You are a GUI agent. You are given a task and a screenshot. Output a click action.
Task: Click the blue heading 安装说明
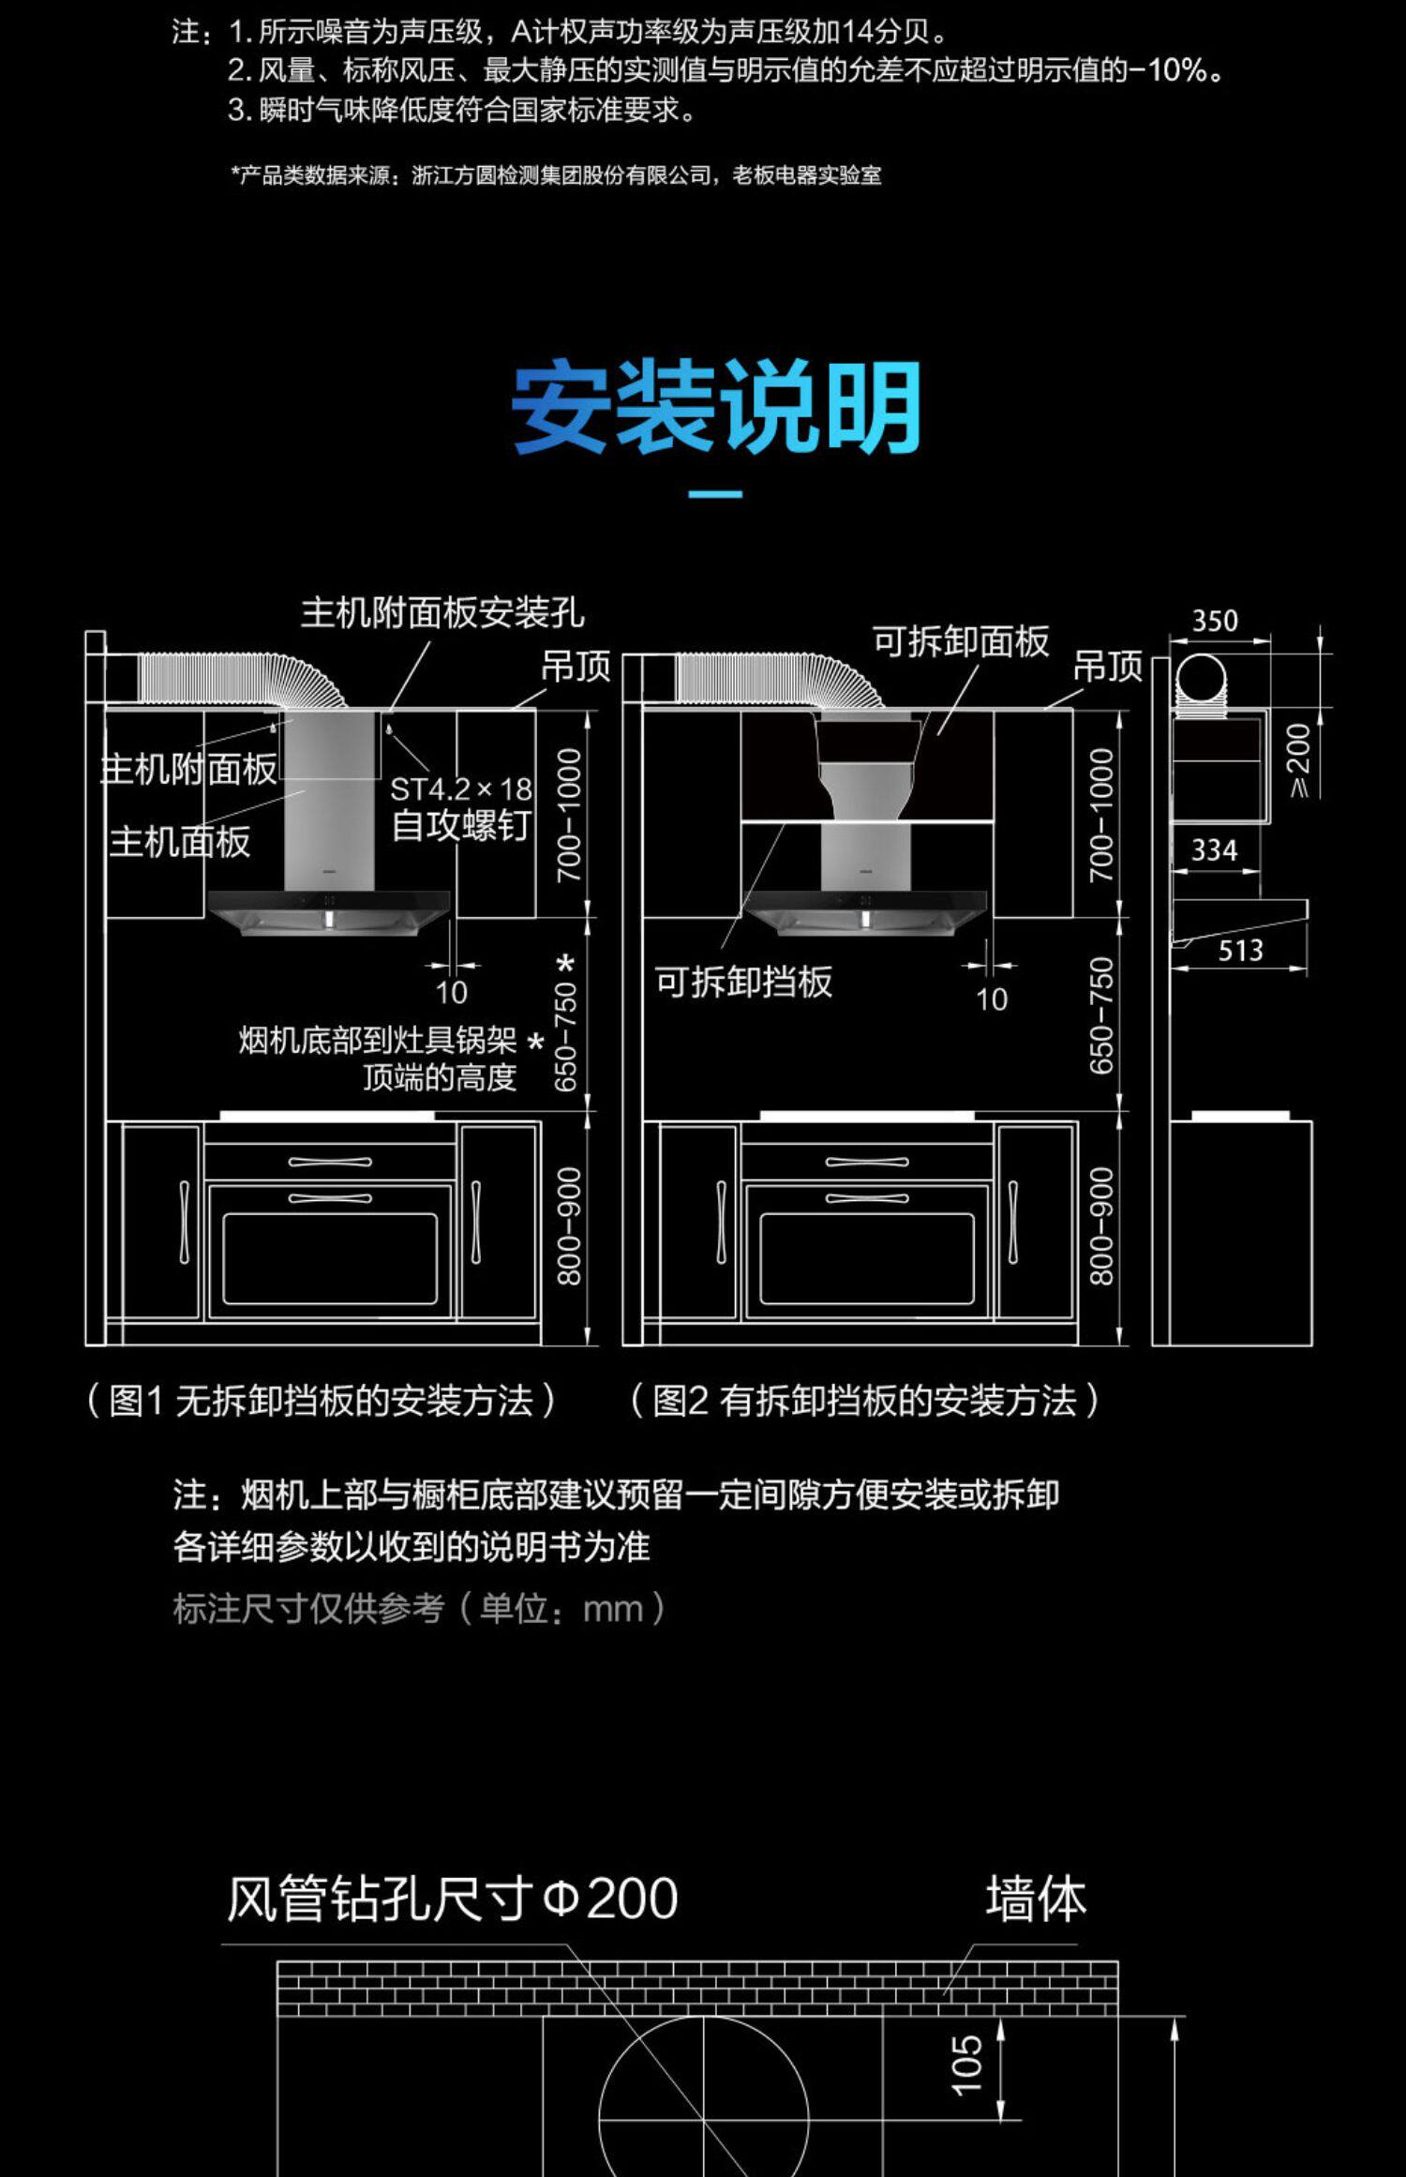click(x=716, y=408)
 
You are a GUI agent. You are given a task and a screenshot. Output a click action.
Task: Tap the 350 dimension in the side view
click(x=1215, y=621)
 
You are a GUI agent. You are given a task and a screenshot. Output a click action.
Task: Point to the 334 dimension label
click(x=1214, y=850)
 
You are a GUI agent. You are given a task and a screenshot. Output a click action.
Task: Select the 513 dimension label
click(x=1240, y=951)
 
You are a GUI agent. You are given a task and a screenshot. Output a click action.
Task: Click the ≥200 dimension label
click(x=1299, y=759)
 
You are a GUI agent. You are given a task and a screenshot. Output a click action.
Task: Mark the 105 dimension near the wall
click(x=966, y=2064)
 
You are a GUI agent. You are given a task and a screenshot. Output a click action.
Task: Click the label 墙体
click(x=1036, y=1899)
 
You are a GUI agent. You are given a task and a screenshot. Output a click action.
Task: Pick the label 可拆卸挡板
click(x=743, y=982)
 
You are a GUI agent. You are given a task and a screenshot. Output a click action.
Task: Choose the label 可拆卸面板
click(x=961, y=641)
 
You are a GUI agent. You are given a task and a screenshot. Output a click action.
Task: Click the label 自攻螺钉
click(x=460, y=826)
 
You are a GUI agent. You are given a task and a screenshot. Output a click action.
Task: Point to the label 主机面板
click(x=180, y=842)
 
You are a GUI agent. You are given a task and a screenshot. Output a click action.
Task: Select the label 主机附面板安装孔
click(x=442, y=613)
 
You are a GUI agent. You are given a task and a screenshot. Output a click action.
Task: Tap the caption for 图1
click(x=322, y=1401)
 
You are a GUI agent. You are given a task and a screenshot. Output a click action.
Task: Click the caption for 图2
click(x=864, y=1401)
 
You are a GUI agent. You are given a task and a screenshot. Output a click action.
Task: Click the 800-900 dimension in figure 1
click(x=569, y=1226)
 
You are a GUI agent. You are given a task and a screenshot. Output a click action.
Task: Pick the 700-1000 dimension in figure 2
click(x=1101, y=814)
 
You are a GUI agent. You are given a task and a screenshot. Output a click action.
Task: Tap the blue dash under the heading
click(x=715, y=494)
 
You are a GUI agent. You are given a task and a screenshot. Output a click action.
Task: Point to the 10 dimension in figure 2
click(x=991, y=999)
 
